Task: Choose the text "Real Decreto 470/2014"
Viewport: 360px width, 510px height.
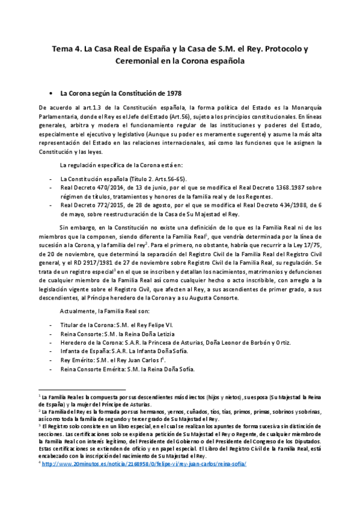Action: coord(88,188)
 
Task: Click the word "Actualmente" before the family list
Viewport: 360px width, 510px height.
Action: coord(79,311)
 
